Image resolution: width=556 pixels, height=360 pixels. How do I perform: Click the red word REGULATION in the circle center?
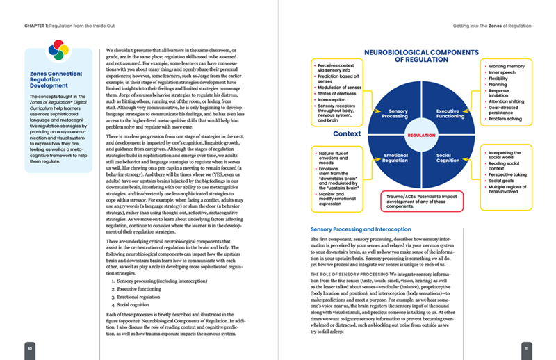[x=422, y=135]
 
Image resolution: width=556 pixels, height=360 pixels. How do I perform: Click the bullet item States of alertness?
[x=336, y=92]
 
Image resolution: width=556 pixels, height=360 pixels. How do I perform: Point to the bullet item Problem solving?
[x=506, y=119]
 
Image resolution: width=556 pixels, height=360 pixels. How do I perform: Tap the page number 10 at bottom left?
[x=29, y=347]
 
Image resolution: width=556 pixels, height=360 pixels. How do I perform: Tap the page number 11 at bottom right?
[x=528, y=347]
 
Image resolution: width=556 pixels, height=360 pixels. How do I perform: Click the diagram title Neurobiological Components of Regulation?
[x=422, y=55]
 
